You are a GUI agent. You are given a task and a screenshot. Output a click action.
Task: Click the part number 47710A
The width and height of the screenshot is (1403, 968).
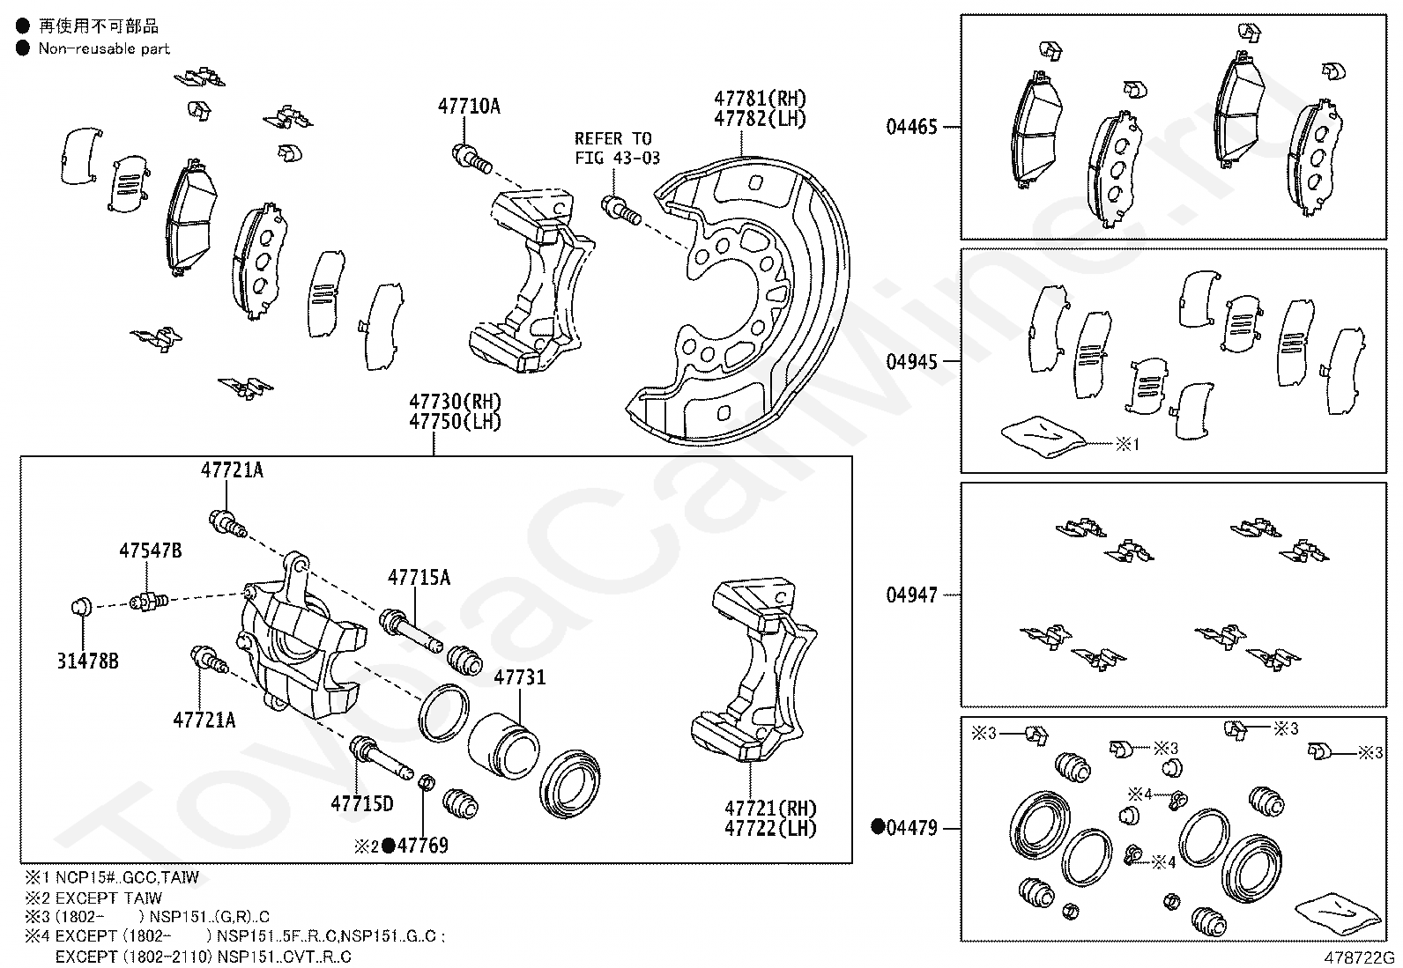tap(468, 107)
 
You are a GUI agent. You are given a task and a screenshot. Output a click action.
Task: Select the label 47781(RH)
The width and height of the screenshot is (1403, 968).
tap(760, 100)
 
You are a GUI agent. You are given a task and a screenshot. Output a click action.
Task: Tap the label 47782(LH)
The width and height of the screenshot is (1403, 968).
tap(760, 119)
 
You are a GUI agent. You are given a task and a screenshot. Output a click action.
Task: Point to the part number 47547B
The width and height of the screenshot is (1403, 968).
tap(151, 551)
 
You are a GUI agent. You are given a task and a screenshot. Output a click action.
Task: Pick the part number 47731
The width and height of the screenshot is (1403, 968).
tap(519, 677)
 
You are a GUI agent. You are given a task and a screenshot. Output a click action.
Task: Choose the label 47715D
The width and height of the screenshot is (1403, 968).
tap(361, 803)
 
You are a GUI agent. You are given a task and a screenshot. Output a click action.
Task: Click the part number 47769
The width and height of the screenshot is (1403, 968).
tap(422, 846)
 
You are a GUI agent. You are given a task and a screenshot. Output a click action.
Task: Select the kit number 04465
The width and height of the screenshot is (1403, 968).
tap(911, 127)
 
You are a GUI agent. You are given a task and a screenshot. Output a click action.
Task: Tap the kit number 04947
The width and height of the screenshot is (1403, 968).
tap(911, 595)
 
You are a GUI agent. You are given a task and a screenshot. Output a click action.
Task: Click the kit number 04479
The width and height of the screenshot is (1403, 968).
tap(911, 828)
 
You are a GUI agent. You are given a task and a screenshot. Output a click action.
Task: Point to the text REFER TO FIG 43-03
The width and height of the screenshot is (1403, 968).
tap(613, 148)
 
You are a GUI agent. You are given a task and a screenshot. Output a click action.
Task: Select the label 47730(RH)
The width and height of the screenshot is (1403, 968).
tap(455, 403)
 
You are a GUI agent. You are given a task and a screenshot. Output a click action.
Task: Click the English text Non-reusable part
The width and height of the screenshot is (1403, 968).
tap(103, 48)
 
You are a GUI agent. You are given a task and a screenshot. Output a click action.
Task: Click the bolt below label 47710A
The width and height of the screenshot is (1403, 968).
tap(471, 159)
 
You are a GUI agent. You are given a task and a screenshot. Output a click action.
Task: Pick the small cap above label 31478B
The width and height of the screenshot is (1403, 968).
tap(81, 605)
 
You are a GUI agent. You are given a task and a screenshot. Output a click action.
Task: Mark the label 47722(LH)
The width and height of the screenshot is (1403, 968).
tap(770, 828)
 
